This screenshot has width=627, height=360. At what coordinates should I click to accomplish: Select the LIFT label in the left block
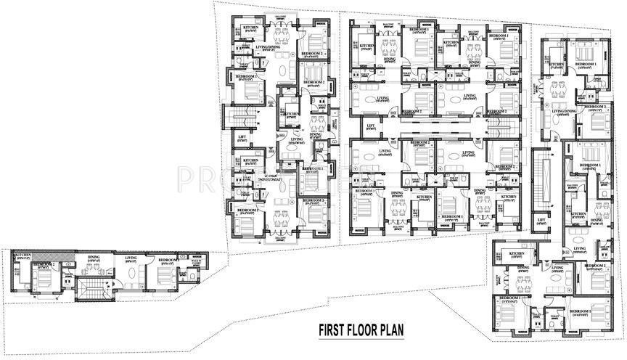[x=243, y=137]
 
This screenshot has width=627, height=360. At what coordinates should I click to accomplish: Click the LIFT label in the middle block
[x=371, y=126]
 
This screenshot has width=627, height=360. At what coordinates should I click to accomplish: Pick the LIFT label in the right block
[x=541, y=220]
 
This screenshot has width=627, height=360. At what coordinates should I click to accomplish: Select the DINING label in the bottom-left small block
[x=94, y=257]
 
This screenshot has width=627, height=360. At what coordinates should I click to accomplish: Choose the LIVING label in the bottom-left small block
[x=131, y=257]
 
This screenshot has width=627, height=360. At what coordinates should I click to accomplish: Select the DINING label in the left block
[x=315, y=134]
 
